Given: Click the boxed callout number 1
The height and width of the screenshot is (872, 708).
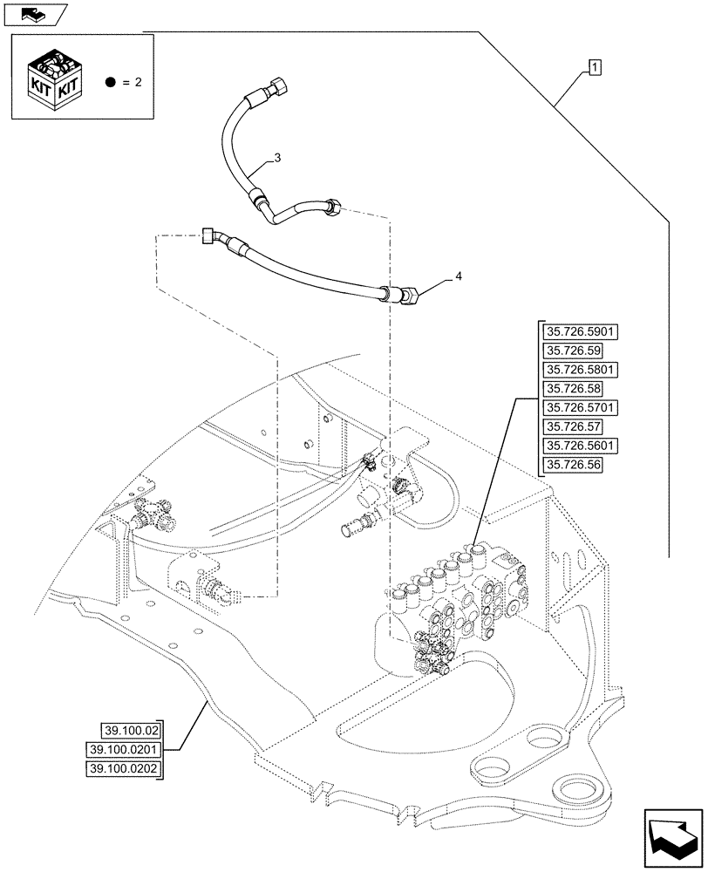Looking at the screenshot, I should [594, 66].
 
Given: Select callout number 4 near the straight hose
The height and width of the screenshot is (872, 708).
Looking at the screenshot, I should [458, 276].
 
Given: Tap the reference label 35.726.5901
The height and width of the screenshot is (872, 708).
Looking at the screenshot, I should [580, 331].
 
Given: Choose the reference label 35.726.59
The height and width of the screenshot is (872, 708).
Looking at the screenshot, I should [571, 351].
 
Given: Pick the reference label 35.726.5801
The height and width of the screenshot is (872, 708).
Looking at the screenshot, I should [580, 370].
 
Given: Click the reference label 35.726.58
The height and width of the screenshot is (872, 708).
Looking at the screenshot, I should [571, 388].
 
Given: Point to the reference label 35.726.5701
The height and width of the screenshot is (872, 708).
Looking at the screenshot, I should [580, 407].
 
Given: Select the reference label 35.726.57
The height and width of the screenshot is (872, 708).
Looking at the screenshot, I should [571, 426].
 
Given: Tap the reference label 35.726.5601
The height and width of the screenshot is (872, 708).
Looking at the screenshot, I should [580, 446].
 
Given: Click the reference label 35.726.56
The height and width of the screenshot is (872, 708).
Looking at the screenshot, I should [571, 465].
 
